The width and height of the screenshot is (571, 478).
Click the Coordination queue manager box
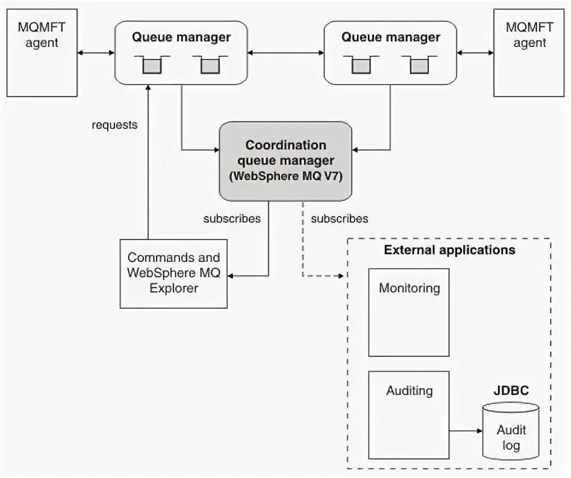(285, 161)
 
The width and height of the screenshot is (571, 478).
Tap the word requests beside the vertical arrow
(114, 125)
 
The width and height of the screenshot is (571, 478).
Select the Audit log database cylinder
(511, 431)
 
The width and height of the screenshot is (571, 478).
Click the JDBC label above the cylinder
(511, 391)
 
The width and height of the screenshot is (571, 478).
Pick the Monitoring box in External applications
(408, 312)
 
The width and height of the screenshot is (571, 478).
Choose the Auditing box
(408, 415)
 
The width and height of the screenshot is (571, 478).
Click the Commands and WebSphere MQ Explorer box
(173, 274)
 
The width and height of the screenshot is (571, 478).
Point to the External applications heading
(449, 250)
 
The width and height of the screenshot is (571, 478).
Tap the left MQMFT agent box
(42, 53)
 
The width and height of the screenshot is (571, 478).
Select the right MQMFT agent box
(529, 53)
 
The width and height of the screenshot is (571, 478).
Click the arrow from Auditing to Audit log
(466, 431)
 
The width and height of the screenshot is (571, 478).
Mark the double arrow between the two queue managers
(285, 53)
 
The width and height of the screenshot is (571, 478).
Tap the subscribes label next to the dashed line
(339, 219)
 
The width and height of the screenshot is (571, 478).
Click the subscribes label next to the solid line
(232, 219)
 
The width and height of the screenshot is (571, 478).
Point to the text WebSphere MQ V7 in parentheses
(286, 176)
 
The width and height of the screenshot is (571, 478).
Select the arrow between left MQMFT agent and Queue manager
(96, 53)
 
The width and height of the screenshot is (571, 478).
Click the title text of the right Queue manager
(391, 37)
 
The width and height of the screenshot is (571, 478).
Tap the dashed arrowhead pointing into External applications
(341, 276)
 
